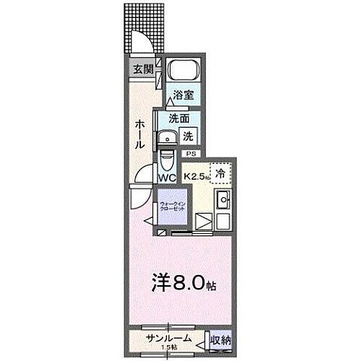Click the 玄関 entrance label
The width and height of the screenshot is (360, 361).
coord(143,69)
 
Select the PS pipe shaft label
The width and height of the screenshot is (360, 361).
coord(191,154)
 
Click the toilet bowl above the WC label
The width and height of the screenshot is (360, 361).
coord(167,158)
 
